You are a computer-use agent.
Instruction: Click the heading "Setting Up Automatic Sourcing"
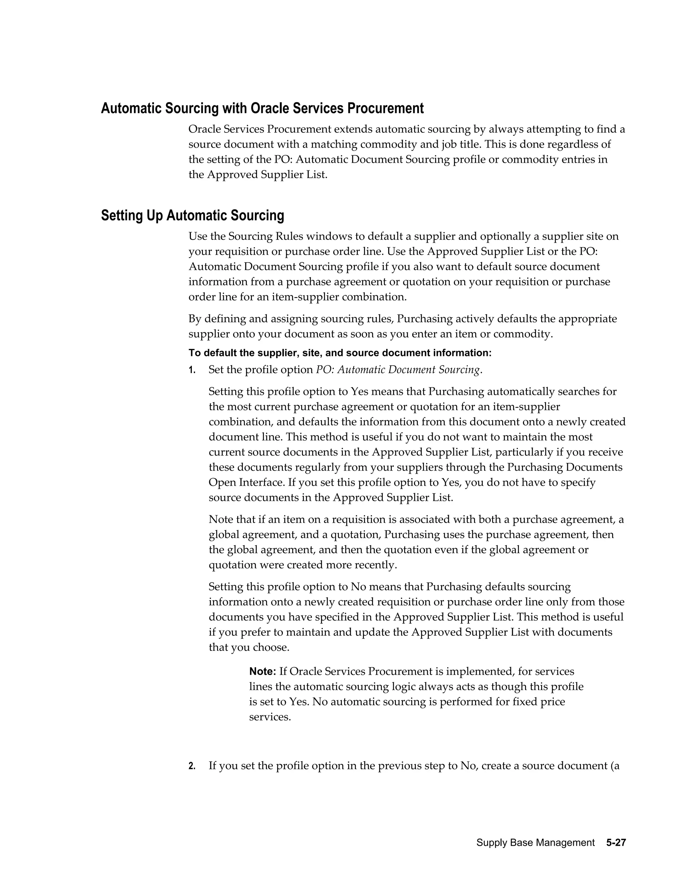click(192, 215)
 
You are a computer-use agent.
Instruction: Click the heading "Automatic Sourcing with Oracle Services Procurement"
click(262, 108)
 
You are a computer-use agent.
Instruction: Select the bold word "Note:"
click(263, 671)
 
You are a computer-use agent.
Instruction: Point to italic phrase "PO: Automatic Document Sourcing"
click(398, 370)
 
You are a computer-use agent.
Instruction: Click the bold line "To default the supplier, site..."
click(340, 353)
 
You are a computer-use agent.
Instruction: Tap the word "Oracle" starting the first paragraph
click(206, 129)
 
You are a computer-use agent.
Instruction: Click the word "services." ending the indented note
click(270, 717)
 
